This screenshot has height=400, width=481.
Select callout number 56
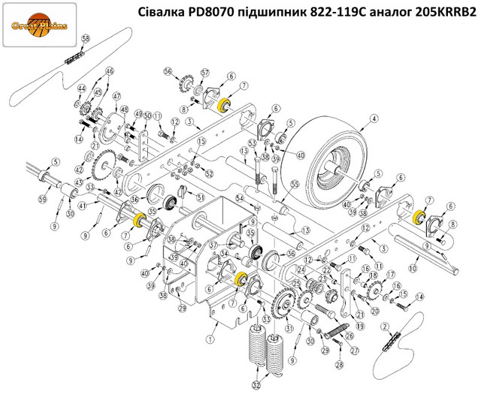click(168, 72)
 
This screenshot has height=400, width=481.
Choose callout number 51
click(201, 197)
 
